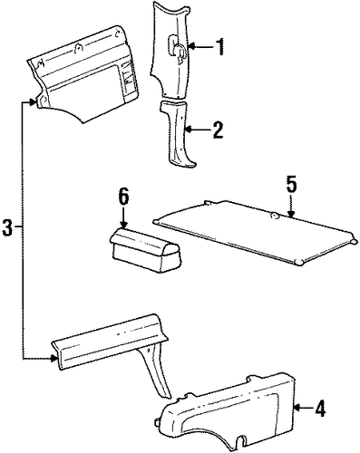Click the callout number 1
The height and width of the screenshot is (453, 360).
click(x=220, y=46)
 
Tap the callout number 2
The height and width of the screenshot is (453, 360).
click(x=218, y=130)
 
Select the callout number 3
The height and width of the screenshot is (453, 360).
click(x=7, y=227)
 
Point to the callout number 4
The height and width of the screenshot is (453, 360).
click(x=319, y=409)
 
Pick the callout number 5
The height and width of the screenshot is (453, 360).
click(x=291, y=185)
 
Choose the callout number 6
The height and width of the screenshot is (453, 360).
click(x=123, y=197)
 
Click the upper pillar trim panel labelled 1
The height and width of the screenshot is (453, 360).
click(x=170, y=50)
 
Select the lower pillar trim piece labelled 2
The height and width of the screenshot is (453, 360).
click(x=179, y=133)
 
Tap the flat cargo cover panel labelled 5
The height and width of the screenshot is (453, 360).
click(x=256, y=233)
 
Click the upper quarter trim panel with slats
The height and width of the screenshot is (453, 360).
click(x=84, y=75)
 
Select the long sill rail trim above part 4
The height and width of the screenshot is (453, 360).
click(x=110, y=342)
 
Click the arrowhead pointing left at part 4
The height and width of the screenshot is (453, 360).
click(x=297, y=409)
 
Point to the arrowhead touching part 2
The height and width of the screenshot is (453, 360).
click(x=189, y=130)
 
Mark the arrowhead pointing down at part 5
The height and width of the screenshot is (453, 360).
click(x=291, y=214)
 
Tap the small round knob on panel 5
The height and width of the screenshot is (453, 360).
click(x=275, y=215)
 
